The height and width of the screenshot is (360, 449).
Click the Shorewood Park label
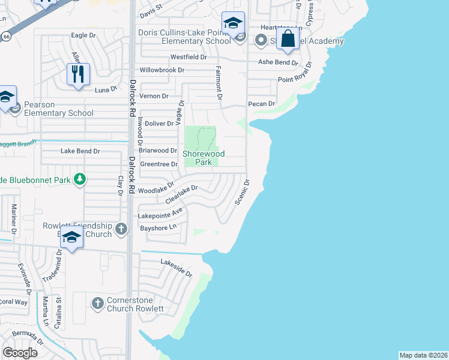coord(203,158)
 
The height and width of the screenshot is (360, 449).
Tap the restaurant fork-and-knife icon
coord(78,74)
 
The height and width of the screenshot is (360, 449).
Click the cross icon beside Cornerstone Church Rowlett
coord(98,303)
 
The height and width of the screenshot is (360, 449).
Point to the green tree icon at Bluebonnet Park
coord(79,179)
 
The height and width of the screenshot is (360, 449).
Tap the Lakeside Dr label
coord(176,268)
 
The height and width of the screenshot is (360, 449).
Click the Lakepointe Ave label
coord(160,213)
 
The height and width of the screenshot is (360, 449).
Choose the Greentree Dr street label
coord(159,164)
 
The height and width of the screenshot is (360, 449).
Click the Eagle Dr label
coord(83,35)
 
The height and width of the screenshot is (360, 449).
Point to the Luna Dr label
coord(106,90)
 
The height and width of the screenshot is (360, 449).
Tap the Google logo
coord(20,353)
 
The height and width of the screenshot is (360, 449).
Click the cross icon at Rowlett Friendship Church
coord(121,228)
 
